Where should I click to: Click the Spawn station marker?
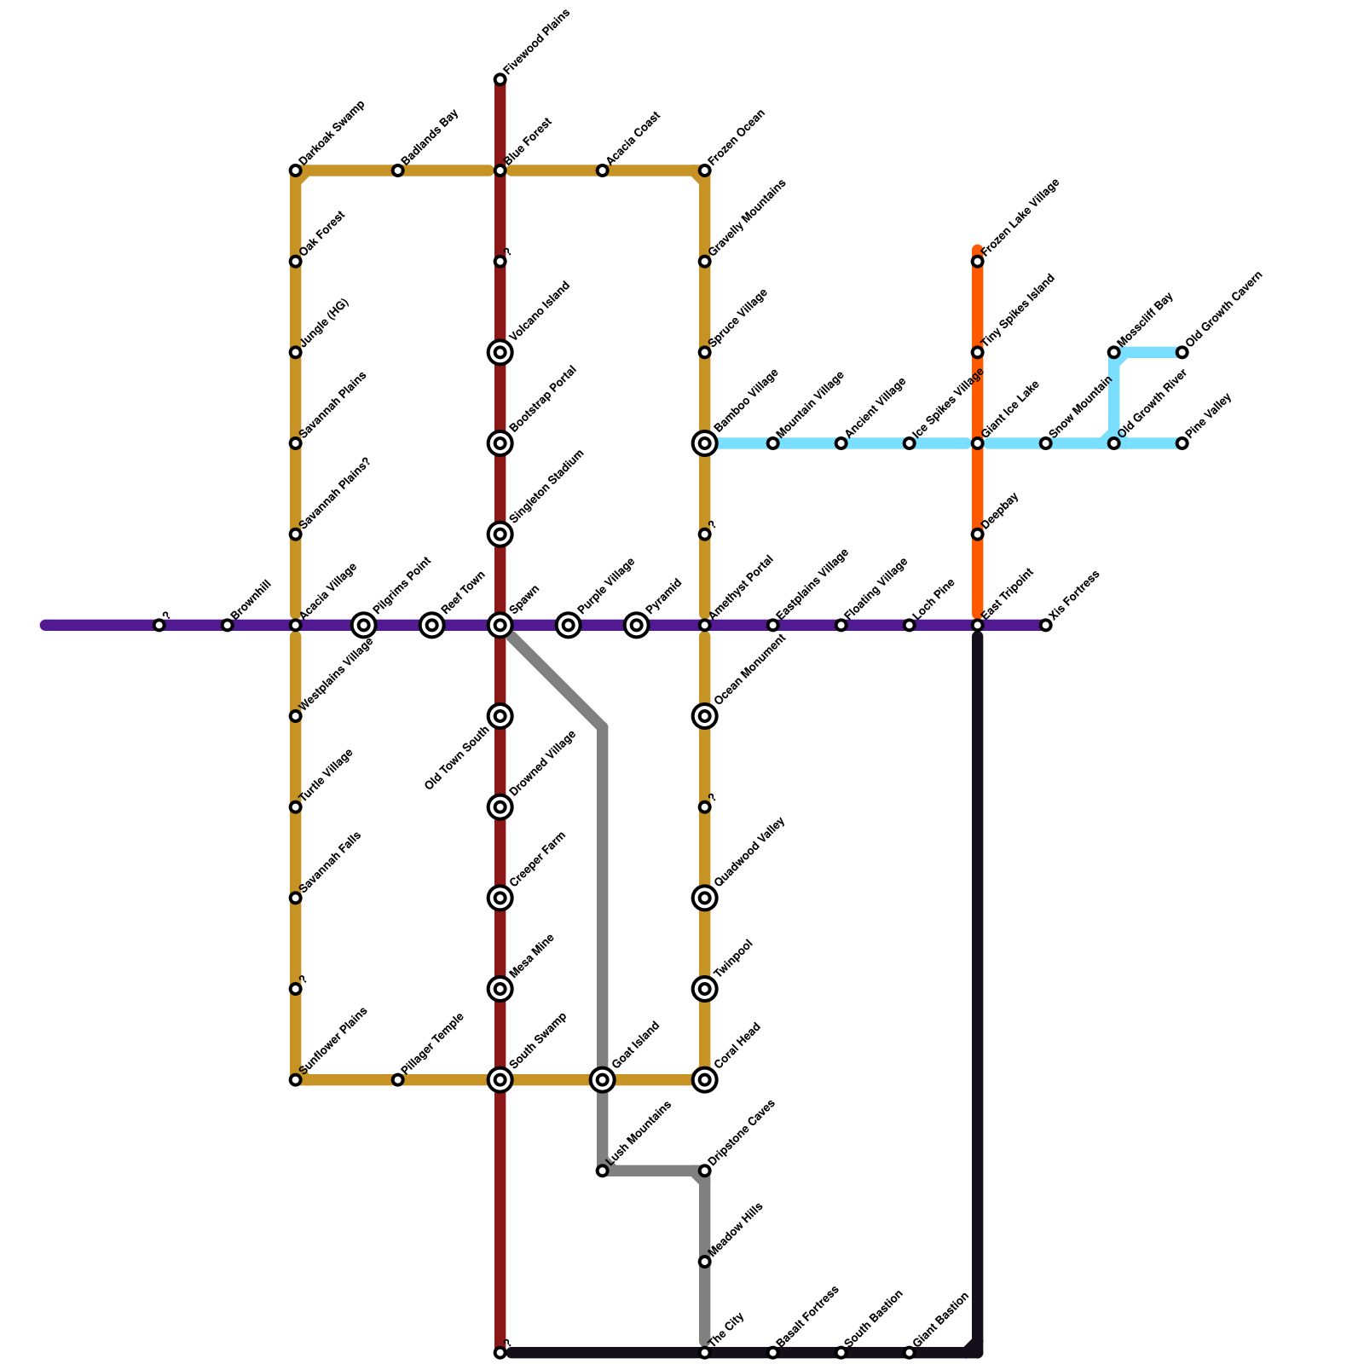500,626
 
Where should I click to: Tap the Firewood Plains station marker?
500,80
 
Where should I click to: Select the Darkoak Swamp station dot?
296,171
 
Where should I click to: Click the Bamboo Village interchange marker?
705,443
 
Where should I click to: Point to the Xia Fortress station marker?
1046,626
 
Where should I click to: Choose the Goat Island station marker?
603,1080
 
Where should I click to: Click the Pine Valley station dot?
1182,443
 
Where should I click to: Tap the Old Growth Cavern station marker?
1182,352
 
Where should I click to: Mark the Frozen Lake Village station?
978,262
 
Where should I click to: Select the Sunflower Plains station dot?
296,1080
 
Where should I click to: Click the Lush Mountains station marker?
603,1171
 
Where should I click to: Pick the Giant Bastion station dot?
910,1353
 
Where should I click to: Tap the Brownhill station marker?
228,626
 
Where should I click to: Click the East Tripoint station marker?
978,626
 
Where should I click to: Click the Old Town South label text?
458,758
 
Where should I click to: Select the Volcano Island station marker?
500,352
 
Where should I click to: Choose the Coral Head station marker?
705,1080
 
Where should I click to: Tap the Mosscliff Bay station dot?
1114,352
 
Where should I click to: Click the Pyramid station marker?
637,626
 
